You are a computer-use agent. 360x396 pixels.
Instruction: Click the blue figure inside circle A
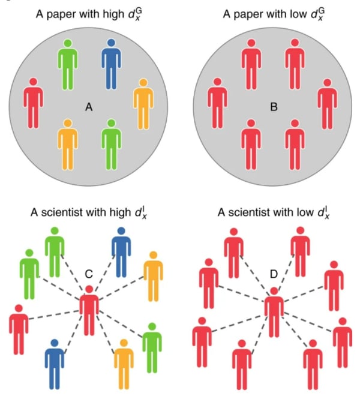tap(111, 64)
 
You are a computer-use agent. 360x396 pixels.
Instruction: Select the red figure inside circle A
tap(34, 103)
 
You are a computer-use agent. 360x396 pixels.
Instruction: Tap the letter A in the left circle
tap(89, 107)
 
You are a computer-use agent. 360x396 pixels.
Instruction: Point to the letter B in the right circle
tap(274, 107)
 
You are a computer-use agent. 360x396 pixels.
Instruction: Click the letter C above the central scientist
tap(89, 274)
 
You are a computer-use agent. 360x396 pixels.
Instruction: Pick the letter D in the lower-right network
tap(274, 274)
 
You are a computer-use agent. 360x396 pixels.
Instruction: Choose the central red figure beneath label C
tap(89, 311)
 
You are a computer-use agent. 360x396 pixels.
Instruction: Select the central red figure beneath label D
tap(274, 313)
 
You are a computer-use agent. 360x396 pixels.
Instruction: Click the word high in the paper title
tap(113, 14)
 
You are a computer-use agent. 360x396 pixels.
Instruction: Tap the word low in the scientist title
tap(305, 212)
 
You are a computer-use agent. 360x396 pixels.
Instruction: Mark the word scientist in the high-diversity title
tap(61, 212)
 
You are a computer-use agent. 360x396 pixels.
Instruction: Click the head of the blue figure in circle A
tap(111, 43)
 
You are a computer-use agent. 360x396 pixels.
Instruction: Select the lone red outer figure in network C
tap(19, 329)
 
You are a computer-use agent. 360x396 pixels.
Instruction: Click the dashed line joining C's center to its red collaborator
tap(54, 315)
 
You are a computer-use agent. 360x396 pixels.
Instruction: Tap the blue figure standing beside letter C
tap(121, 252)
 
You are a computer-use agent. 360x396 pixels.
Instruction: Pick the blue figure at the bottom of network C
tap(55, 364)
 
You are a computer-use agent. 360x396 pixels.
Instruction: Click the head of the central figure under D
tap(274, 291)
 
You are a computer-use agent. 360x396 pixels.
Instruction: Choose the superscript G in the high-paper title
tap(139, 11)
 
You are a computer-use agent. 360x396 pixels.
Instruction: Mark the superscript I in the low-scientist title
tap(328, 209)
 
